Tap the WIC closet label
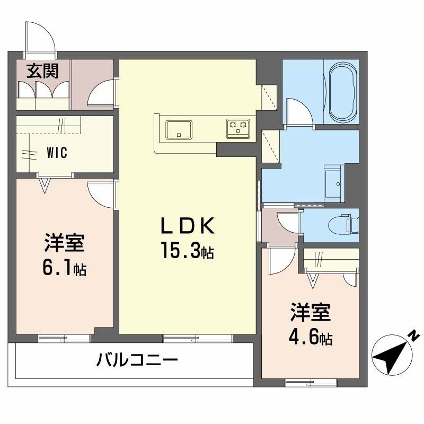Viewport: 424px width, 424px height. [57, 154]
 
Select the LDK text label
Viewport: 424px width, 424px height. [188, 227]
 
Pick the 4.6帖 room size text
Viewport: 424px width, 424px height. [311, 338]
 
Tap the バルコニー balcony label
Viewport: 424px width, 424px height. [136, 361]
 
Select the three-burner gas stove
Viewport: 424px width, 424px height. [237, 128]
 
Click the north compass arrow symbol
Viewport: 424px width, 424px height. [392, 354]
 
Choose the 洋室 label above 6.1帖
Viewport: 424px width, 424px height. [64, 243]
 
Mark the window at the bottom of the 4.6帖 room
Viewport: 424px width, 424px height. [311, 381]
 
